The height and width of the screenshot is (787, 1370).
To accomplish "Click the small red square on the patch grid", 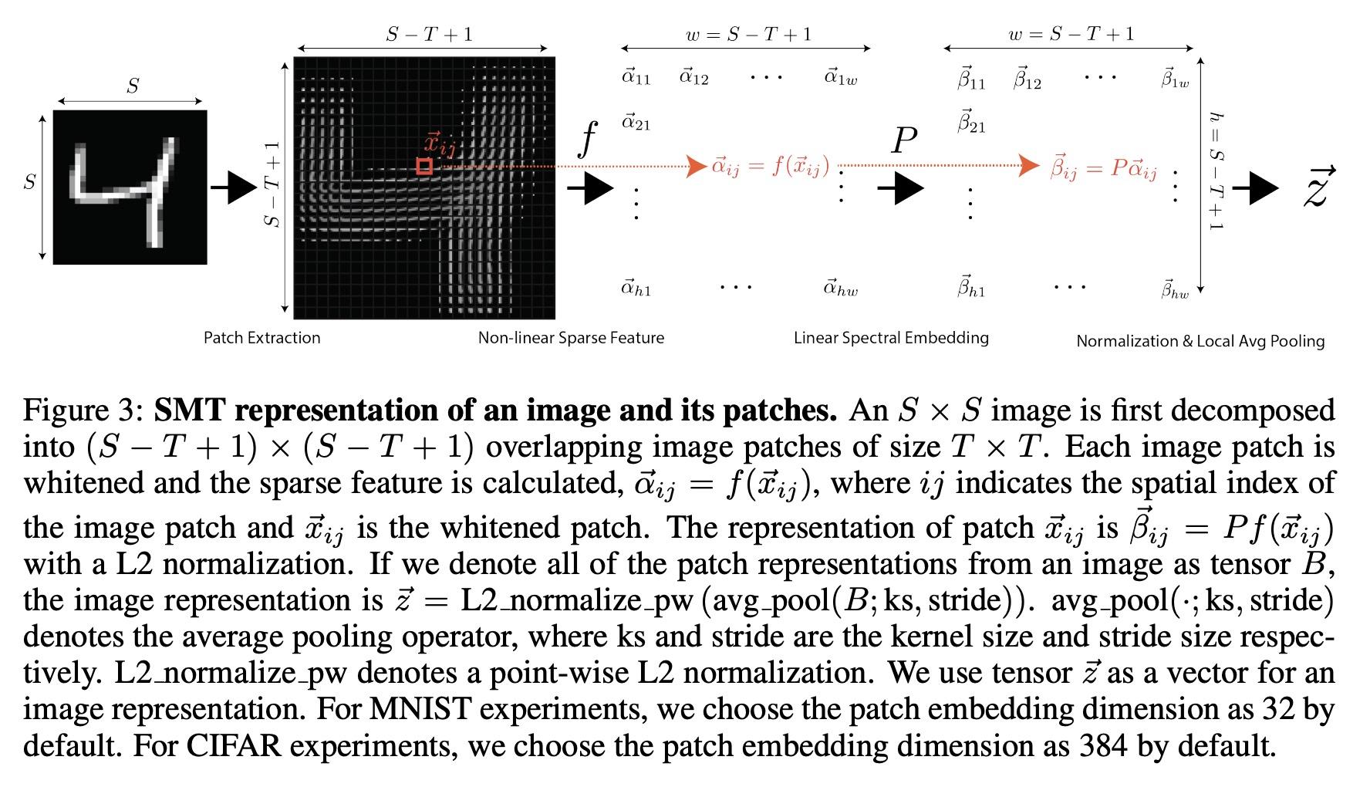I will [x=423, y=166].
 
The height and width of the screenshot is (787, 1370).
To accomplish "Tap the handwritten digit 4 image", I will [x=130, y=187].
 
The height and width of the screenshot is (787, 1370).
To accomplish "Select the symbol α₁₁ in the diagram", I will [x=636, y=77].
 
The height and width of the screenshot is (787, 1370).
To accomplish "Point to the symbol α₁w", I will [x=841, y=77].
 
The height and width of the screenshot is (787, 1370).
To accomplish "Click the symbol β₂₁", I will [x=971, y=123].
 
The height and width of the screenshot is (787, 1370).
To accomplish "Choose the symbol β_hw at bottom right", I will [x=1175, y=289].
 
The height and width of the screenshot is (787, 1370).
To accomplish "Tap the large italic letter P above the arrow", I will [x=903, y=141].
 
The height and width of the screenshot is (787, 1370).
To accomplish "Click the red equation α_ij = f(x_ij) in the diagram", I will [x=770, y=167].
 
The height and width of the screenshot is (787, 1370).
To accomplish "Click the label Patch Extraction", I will [x=262, y=338].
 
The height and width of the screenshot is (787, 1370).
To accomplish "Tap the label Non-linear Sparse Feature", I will [x=571, y=338].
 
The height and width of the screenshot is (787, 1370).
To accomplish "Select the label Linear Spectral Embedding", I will [x=891, y=338].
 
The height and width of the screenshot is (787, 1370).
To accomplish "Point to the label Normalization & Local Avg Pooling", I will [x=1200, y=341].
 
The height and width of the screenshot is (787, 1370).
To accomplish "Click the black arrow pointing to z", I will [x=1256, y=187].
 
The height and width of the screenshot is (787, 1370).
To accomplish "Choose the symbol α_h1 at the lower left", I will [x=636, y=289].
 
